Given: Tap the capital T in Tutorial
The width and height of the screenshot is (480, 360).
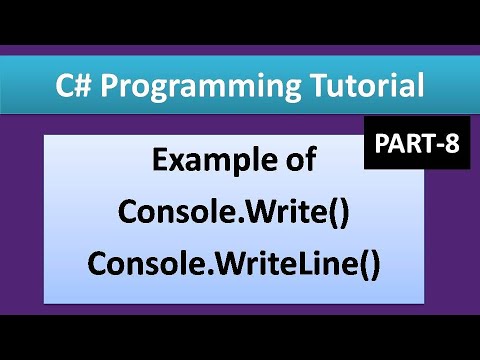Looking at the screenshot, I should [294, 85].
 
